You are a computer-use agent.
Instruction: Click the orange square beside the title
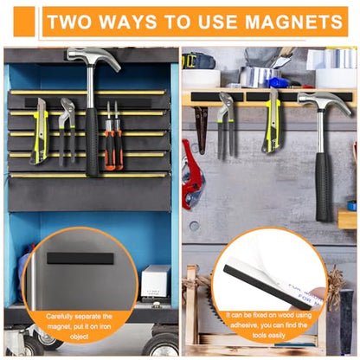[x=24, y=21]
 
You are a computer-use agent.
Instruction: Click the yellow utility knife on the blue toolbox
[x=39, y=130]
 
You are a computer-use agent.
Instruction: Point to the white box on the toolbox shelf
[x=155, y=282]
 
